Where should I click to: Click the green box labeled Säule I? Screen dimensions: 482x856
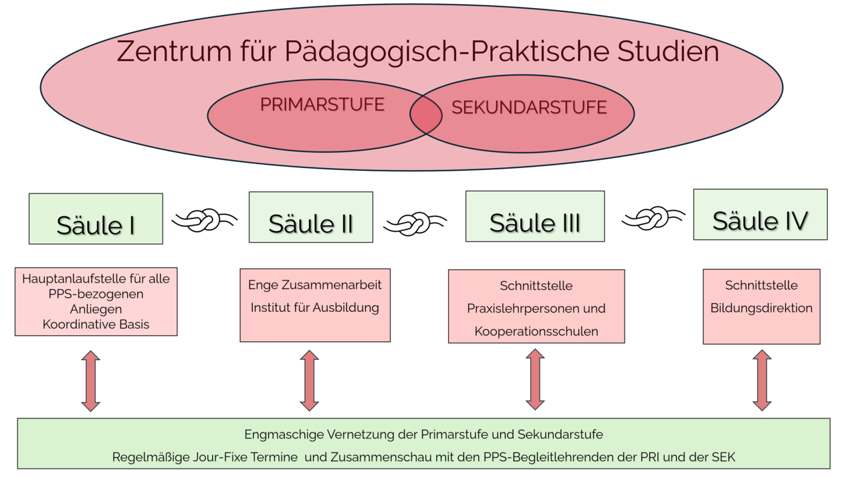[96, 219]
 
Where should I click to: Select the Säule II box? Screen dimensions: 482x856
[311, 218]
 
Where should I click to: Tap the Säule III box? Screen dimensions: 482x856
[535, 216]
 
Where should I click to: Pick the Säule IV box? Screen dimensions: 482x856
[760, 214]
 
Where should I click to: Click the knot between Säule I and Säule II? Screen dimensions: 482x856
[205, 220]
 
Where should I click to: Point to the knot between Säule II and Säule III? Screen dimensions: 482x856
[415, 224]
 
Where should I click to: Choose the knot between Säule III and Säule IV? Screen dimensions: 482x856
[653, 218]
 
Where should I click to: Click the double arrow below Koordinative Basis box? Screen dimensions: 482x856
[91, 380]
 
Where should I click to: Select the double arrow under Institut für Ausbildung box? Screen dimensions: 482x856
[309, 380]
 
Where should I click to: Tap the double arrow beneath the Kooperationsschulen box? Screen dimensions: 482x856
[535, 380]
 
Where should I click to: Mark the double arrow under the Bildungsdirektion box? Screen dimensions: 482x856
[762, 380]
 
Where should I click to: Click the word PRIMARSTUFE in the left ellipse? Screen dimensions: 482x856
[322, 105]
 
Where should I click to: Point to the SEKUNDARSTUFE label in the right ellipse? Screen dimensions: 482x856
[529, 108]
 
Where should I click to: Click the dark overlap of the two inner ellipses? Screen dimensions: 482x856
[426, 115]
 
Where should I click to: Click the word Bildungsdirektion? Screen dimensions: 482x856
[762, 308]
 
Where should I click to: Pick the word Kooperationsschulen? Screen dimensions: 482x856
[536, 331]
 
